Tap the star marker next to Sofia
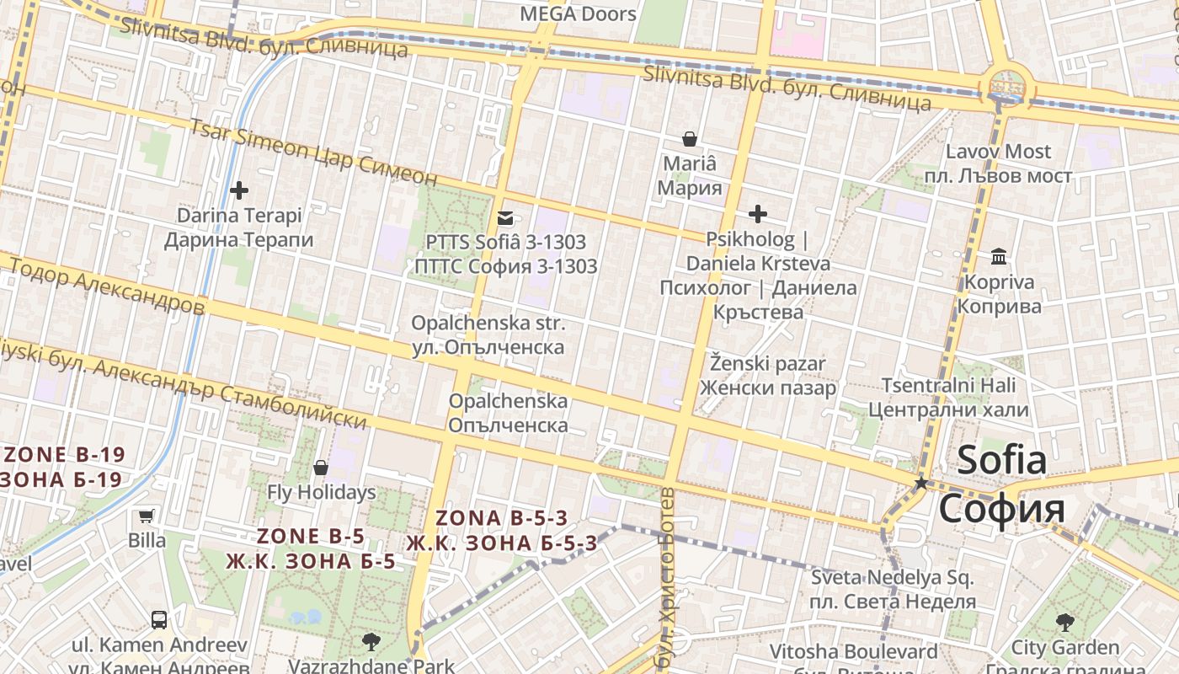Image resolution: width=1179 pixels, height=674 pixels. (921, 483)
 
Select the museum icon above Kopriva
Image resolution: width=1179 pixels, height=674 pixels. (999, 256)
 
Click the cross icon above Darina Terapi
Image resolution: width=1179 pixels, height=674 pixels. (239, 190)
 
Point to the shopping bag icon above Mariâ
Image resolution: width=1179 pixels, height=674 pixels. (690, 139)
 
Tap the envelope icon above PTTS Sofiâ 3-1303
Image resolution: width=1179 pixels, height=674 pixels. (505, 217)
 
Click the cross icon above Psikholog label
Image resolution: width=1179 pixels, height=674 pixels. (758, 214)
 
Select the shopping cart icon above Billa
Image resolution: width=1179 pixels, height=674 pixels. (147, 516)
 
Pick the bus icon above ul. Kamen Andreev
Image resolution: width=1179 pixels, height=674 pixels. (158, 620)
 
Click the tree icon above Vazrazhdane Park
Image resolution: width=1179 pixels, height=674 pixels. (371, 642)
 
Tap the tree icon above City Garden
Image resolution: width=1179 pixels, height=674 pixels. (1064, 623)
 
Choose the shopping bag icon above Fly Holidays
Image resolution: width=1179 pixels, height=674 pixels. (321, 468)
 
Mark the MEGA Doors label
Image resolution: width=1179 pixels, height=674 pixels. (578, 13)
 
